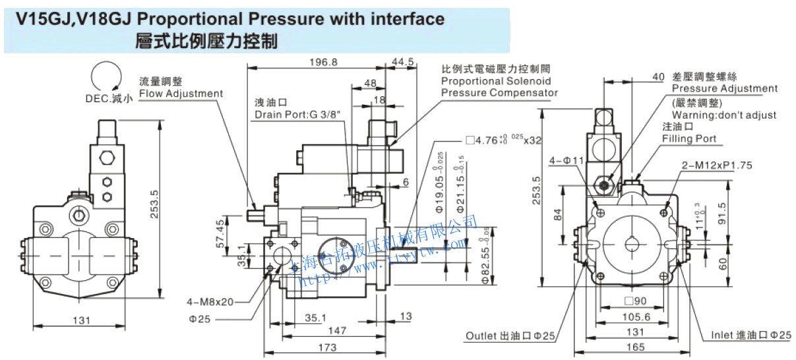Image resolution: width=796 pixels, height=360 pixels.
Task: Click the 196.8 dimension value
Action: (322, 62)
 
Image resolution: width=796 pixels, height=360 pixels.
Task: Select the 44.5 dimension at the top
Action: (402, 62)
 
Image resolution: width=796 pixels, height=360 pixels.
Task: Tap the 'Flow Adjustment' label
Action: (181, 94)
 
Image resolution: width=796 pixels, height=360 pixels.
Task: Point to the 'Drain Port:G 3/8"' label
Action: (297, 115)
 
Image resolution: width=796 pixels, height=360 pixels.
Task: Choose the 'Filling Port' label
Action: (689, 138)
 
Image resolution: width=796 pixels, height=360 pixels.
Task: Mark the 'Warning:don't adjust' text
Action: (724, 115)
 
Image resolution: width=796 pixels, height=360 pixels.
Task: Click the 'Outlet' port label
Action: (483, 336)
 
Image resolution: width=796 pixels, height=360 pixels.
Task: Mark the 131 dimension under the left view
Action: (81, 320)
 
